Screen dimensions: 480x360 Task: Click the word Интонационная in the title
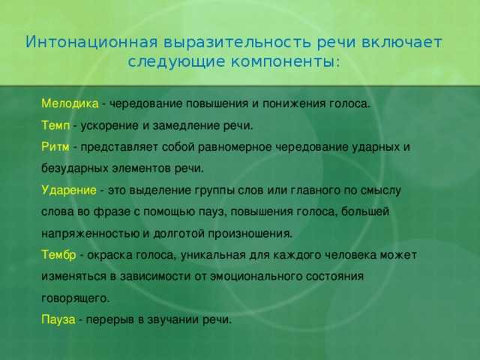point(91,42)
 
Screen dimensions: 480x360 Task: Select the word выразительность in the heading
point(237,43)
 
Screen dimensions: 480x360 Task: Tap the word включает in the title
point(402,42)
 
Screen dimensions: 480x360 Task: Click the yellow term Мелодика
point(70,103)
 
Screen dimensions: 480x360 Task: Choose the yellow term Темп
point(55,125)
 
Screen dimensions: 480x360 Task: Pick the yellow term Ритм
point(55,147)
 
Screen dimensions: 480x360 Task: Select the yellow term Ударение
point(69,190)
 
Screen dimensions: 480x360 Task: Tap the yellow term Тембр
point(58,255)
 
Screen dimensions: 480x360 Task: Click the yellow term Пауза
point(58,320)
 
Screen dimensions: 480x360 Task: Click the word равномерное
point(235,148)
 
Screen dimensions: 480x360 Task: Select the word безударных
point(75,169)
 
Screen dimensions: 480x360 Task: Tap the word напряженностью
point(90,234)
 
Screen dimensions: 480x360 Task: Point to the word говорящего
point(75,298)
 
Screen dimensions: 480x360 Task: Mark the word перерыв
point(110,320)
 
